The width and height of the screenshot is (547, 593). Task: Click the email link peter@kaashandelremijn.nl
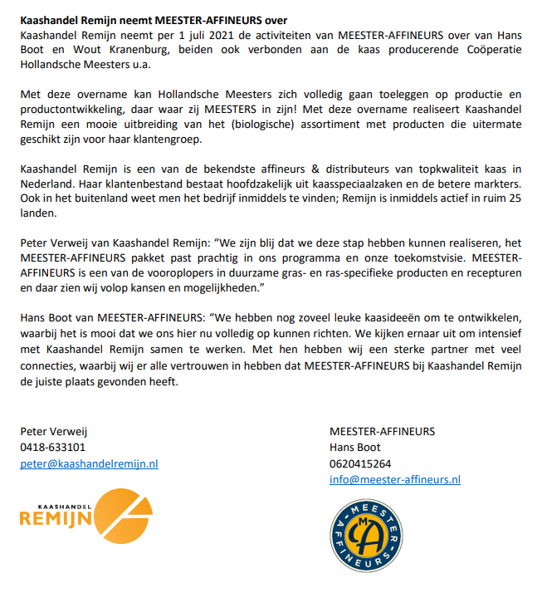click(x=89, y=463)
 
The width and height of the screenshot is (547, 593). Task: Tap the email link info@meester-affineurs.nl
click(x=394, y=479)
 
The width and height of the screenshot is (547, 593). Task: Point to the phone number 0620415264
click(x=360, y=463)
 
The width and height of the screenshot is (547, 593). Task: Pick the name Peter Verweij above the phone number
click(x=54, y=432)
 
